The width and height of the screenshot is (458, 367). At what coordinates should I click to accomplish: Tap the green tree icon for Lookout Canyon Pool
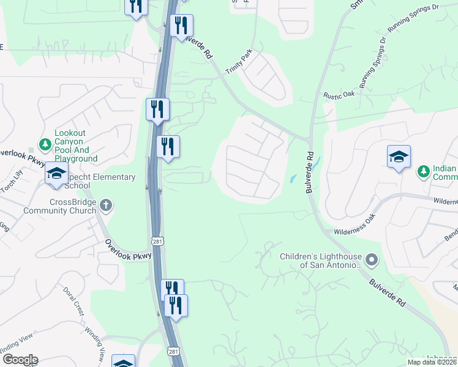pos(45,144)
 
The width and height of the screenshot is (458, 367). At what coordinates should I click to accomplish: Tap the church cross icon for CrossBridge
pos(107,205)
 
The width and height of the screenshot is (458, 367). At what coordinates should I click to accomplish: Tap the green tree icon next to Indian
pos(422,169)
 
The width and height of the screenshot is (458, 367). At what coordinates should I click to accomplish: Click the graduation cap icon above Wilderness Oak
pos(399,156)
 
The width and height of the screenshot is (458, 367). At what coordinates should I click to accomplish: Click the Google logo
pos(20,360)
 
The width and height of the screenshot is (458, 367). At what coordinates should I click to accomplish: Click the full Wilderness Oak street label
pos(353,226)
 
